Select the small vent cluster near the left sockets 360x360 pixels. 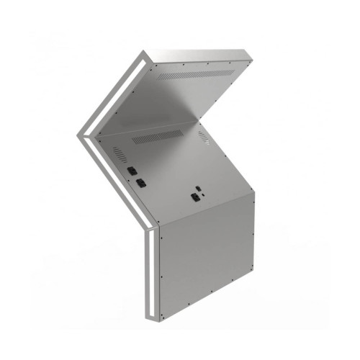(118, 154)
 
